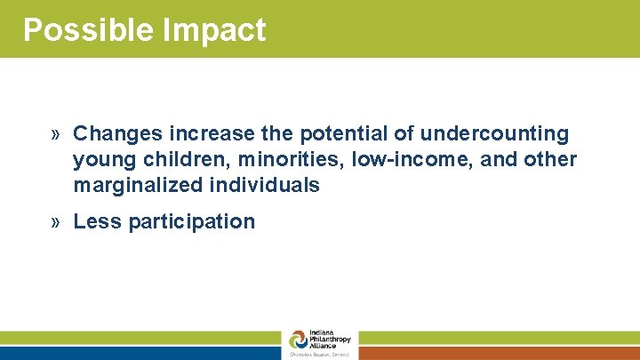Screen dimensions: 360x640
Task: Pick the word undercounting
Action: coord(494,133)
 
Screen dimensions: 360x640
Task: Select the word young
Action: coord(100,160)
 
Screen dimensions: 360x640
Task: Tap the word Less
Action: coord(98,221)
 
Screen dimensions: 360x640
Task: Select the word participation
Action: coord(192,222)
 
